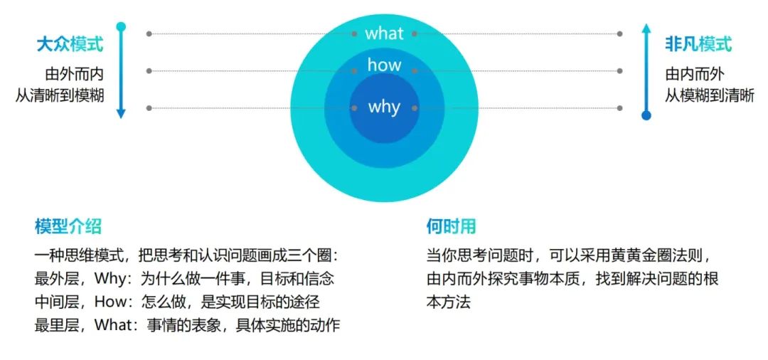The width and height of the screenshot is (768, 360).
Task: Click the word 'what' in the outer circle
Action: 384,33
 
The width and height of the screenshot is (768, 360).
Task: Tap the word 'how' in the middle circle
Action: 384,65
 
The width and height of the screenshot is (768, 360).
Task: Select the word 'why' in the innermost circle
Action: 384,107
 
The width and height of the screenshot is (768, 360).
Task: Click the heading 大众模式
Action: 70,45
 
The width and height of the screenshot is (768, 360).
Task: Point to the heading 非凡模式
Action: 698,45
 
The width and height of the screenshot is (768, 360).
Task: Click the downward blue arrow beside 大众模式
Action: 121,71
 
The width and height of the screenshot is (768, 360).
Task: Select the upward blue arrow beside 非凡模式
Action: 646,71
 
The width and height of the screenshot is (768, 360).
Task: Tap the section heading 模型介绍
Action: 68,227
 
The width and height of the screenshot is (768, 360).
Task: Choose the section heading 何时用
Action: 451,227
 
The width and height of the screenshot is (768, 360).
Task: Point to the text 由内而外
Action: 695,73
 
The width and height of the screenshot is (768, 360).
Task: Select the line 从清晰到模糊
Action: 60,95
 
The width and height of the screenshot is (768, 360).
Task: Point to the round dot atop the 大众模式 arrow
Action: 121,27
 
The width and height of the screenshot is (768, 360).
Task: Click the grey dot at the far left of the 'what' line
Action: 149,33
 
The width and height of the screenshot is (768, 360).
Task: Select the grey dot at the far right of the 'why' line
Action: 620,108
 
